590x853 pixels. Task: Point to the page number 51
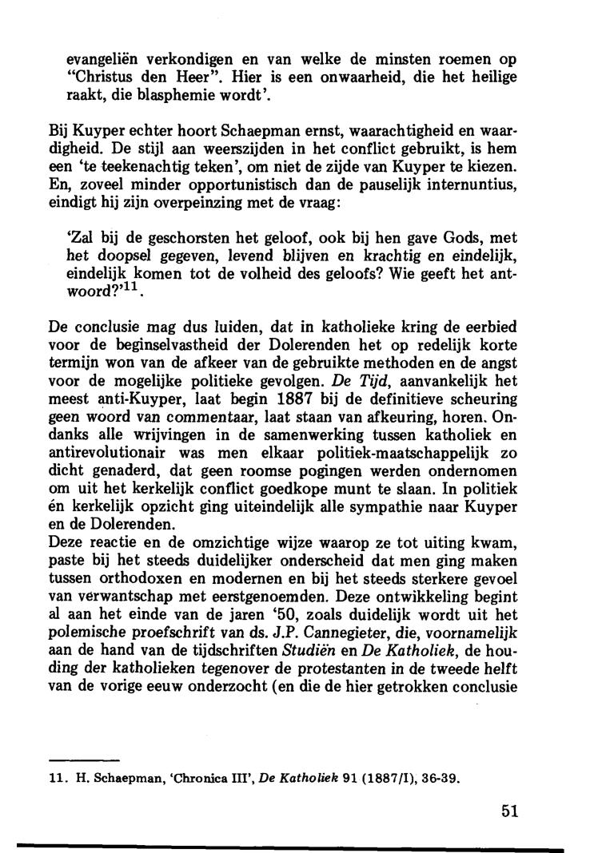[511, 811]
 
